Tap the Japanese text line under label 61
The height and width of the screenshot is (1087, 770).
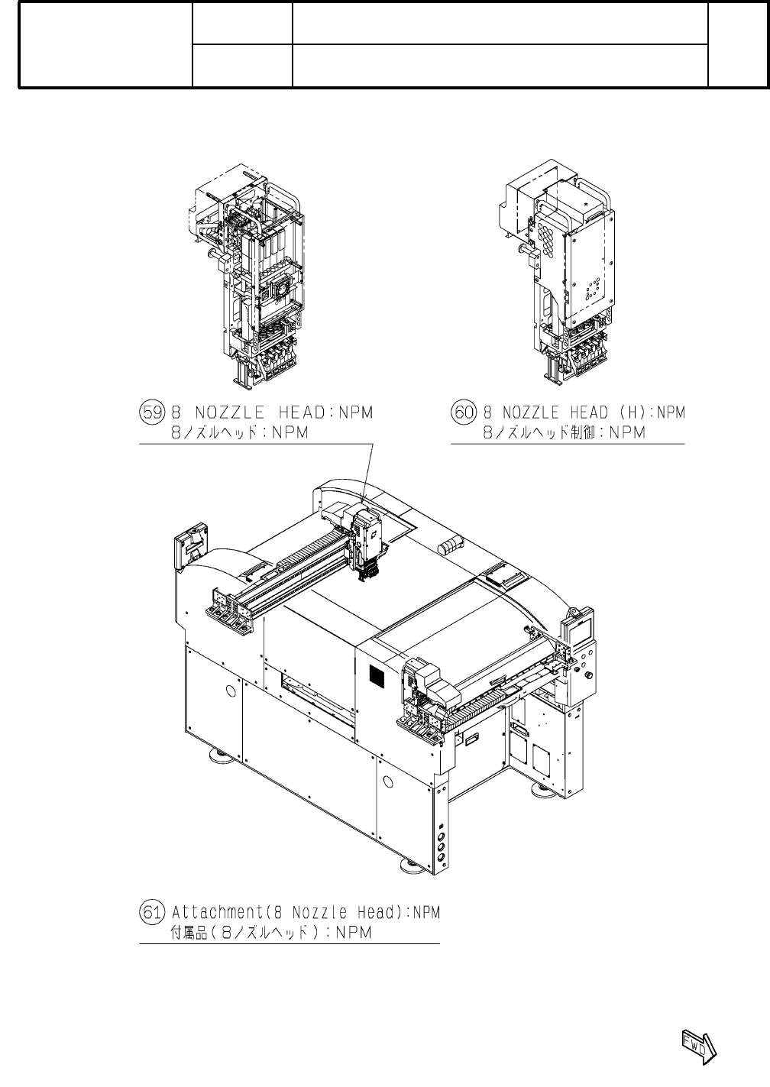click(x=270, y=933)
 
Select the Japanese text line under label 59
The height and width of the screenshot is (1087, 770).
click(x=244, y=432)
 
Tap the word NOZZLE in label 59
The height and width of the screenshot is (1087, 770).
click(x=231, y=412)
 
